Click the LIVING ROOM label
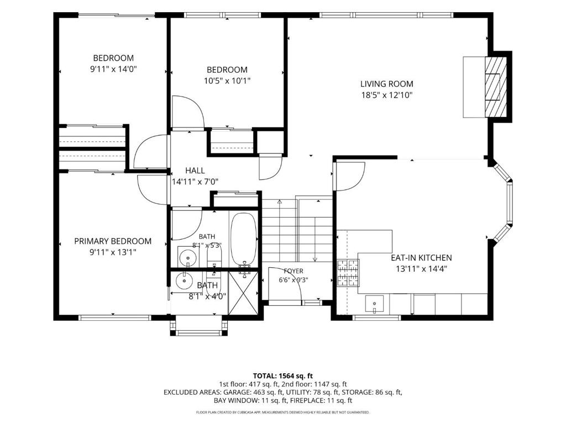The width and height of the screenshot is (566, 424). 386,84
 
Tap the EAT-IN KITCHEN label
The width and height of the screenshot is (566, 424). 421,258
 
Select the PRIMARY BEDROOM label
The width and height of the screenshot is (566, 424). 113,241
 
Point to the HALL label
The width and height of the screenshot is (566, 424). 195,171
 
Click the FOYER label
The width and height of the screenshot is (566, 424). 294,271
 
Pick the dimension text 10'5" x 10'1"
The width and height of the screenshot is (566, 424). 227,81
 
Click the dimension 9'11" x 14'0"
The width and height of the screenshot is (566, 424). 113,69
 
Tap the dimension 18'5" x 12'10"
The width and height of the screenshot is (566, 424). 386,95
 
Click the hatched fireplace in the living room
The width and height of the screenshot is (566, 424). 496,87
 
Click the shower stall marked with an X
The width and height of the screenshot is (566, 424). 244,293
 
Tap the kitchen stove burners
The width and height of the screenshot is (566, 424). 347,273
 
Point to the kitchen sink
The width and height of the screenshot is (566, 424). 374,304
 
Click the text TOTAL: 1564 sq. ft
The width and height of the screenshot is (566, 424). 282,376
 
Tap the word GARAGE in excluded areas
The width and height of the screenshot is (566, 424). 236,393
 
